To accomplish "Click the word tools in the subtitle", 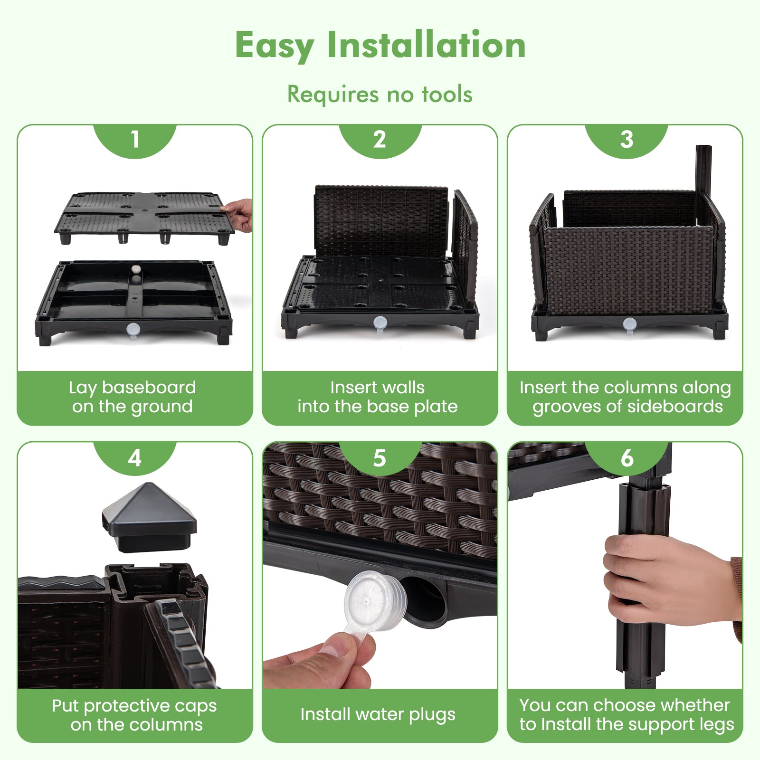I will (x=447, y=94).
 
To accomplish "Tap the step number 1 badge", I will (x=135, y=140).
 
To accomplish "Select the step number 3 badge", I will (x=627, y=140).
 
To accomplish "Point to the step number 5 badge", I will (x=380, y=458).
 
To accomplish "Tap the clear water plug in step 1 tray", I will (x=133, y=329).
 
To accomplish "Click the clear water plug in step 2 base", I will (x=380, y=323).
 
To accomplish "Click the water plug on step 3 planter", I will (x=629, y=324).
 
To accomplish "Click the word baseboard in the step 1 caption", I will (x=149, y=388).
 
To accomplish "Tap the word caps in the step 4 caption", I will (x=196, y=706).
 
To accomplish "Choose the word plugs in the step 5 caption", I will (x=431, y=715).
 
